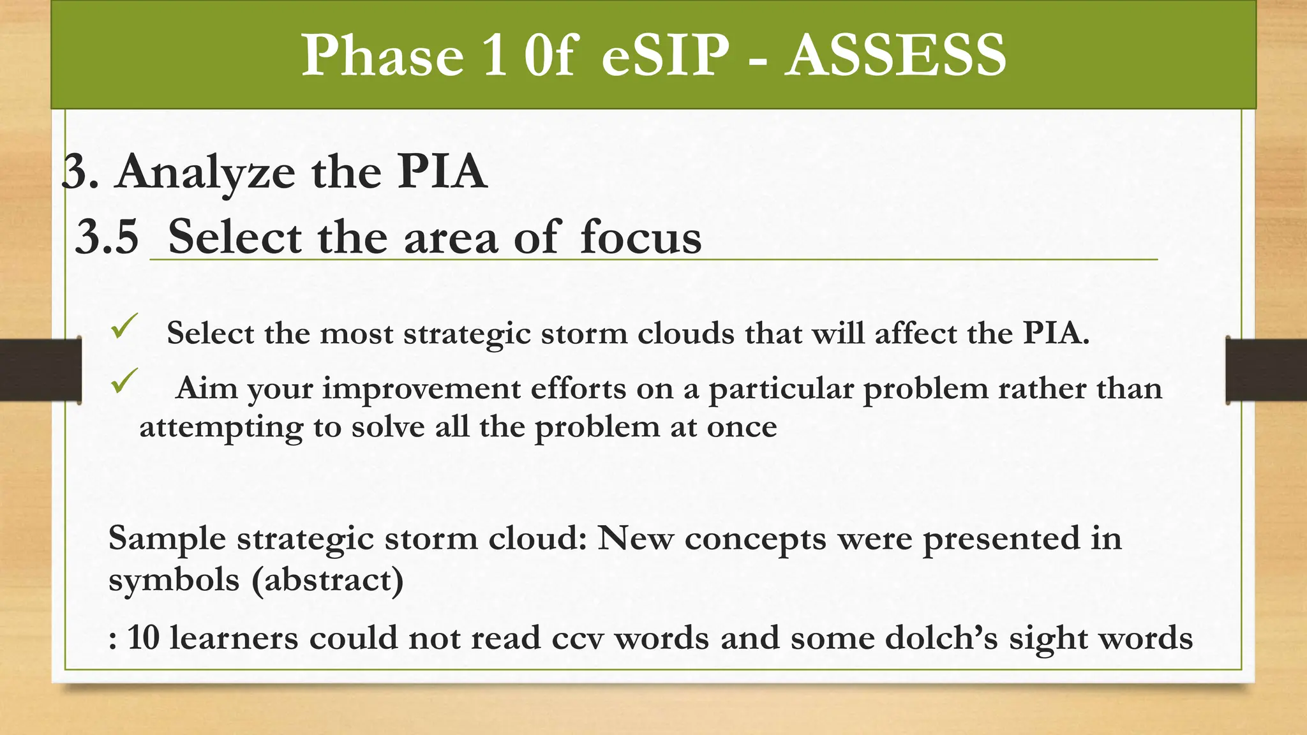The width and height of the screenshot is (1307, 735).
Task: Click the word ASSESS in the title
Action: (x=895, y=56)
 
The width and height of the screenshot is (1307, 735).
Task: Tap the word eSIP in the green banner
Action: (x=665, y=56)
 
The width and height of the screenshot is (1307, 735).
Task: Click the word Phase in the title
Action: (x=382, y=56)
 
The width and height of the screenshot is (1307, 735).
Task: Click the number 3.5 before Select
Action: (x=107, y=237)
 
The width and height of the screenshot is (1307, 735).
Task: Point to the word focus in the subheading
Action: (x=640, y=237)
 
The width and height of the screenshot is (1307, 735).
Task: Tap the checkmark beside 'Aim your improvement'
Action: (x=124, y=381)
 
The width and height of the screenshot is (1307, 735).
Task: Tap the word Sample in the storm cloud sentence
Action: (x=167, y=538)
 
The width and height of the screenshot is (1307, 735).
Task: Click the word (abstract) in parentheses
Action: (x=327, y=580)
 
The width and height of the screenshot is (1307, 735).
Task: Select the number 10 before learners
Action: (x=143, y=638)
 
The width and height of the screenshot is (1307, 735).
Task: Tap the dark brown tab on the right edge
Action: (x=1266, y=370)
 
